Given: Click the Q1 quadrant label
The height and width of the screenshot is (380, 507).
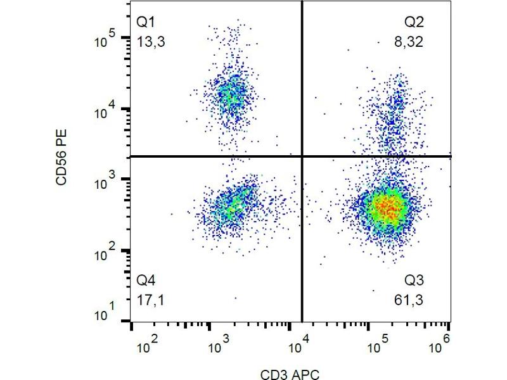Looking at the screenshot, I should pyautogui.click(x=146, y=23).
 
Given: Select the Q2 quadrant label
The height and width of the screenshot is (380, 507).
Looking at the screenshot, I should pyautogui.click(x=414, y=23).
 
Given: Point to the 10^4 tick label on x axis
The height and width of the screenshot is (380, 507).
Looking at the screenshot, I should pyautogui.click(x=299, y=346).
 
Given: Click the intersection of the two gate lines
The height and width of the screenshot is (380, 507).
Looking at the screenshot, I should pyautogui.click(x=301, y=156).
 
